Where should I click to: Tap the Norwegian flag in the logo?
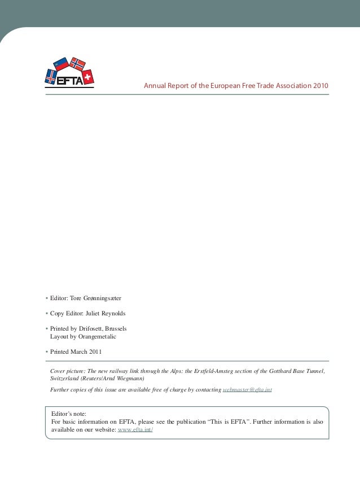(x=77, y=64)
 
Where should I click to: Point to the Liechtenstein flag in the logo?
(x=60, y=64)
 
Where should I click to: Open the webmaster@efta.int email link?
(x=247, y=390)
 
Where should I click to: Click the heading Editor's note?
(x=69, y=414)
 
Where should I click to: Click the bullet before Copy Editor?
(x=46, y=313)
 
